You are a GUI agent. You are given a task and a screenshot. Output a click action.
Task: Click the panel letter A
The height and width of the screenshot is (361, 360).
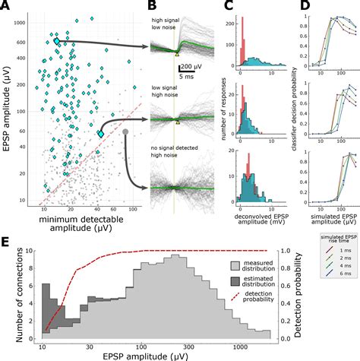click(6, 6)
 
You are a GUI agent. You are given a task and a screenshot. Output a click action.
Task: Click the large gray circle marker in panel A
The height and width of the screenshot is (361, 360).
click(126, 133)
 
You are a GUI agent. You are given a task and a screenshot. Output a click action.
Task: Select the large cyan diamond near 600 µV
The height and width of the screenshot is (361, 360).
click(56, 40)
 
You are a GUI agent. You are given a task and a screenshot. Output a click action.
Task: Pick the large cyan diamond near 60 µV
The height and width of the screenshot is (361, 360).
click(101, 134)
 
